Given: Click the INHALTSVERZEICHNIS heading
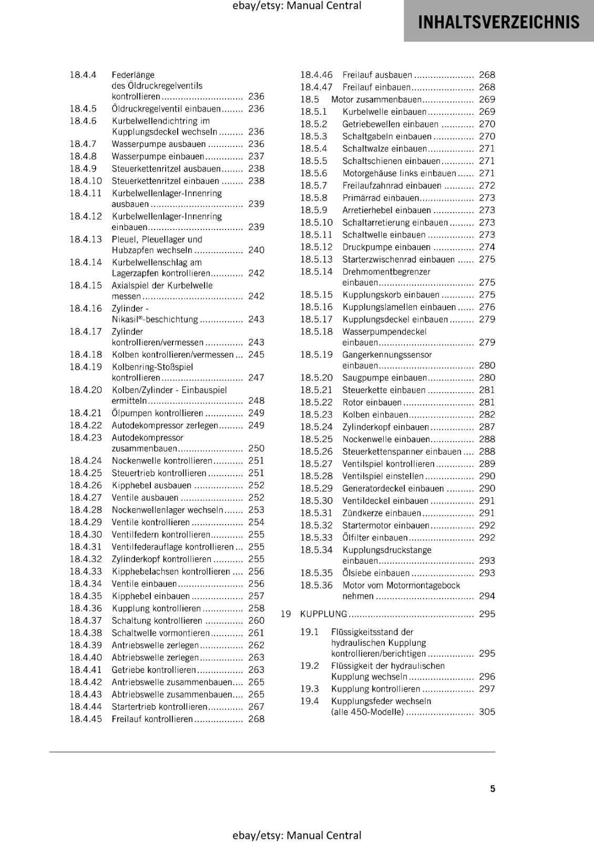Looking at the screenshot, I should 498,22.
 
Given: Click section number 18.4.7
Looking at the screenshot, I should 83,144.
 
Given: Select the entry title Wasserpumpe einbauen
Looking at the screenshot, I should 158,156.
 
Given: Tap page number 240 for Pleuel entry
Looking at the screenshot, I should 256,250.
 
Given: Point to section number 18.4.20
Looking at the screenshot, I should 86,390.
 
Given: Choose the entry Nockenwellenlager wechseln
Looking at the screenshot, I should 168,510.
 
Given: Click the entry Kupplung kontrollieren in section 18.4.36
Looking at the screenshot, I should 156,608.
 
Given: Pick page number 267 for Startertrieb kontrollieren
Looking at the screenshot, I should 256,707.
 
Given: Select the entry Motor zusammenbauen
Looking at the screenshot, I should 376,99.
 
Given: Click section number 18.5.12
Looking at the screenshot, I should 316,247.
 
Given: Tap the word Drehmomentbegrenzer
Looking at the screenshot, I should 386,272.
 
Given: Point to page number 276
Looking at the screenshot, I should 487,307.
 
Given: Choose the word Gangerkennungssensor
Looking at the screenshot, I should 387,355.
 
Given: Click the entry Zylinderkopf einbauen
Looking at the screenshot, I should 385,427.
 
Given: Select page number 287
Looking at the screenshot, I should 487,427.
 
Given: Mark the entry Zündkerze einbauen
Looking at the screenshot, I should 382,513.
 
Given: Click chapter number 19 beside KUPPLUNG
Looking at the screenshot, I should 286,614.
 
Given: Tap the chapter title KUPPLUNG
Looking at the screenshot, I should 323,614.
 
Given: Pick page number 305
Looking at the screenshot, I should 487,712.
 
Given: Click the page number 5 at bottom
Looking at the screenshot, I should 493,789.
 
